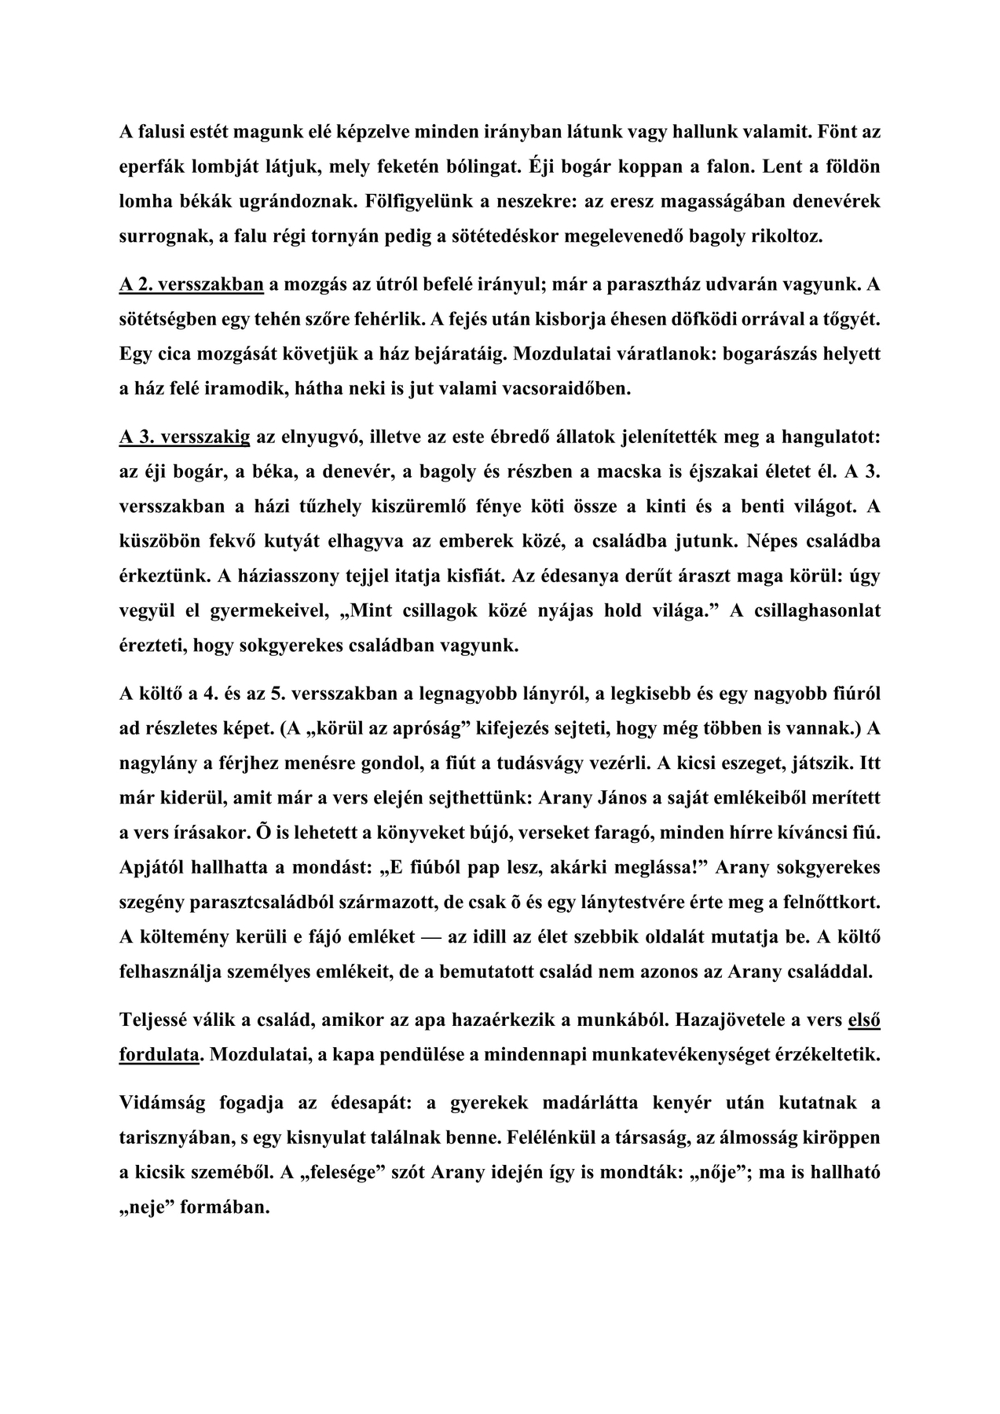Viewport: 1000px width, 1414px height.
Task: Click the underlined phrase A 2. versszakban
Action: tap(191, 284)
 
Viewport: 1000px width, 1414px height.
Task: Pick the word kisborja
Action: tap(586, 320)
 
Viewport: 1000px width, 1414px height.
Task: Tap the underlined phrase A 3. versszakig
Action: tap(185, 437)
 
